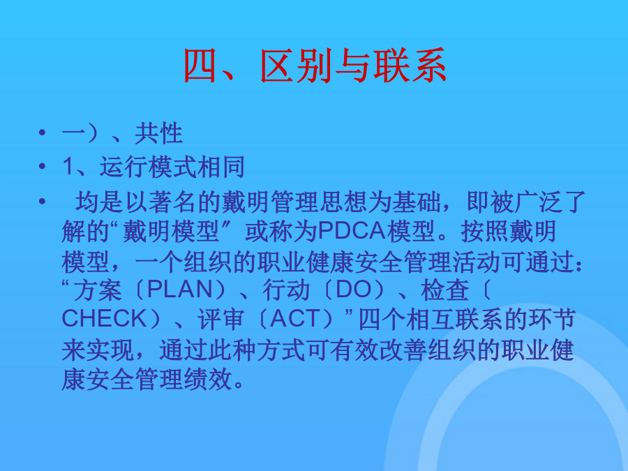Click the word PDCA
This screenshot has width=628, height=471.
click(x=352, y=232)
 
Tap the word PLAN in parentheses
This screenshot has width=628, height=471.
click(x=179, y=289)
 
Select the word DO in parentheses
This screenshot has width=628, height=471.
click(x=353, y=289)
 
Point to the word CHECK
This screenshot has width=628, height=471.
click(x=105, y=318)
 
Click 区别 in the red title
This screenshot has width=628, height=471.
click(x=297, y=66)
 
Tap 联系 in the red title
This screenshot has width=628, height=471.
click(x=410, y=66)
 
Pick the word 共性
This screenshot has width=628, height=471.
click(x=158, y=133)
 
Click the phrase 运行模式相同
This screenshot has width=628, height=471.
click(x=172, y=167)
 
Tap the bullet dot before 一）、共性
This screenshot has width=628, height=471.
click(x=43, y=132)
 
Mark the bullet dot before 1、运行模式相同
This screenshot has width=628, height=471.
click(x=43, y=165)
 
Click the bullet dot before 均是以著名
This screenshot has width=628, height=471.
click(x=43, y=201)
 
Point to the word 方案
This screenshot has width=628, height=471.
click(x=98, y=290)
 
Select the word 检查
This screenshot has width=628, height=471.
click(x=444, y=290)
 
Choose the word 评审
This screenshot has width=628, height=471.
click(x=220, y=319)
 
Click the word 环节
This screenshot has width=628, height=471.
click(x=553, y=319)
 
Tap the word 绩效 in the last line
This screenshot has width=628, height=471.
click(x=208, y=379)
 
